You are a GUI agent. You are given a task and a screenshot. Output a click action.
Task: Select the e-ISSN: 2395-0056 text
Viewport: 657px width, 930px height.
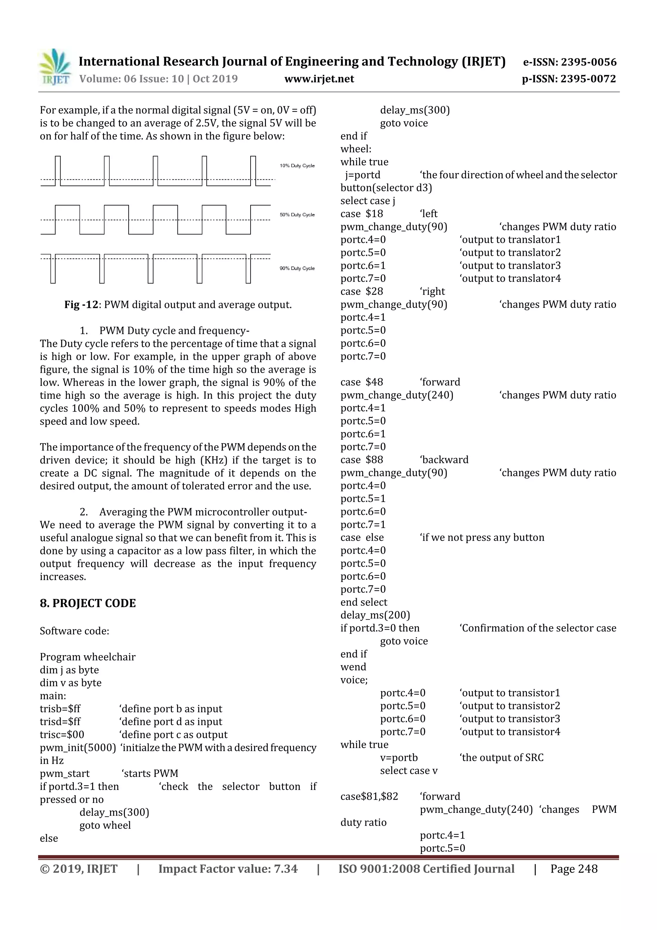(x=569, y=62)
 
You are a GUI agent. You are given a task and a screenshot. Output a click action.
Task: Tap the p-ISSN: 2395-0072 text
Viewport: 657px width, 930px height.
(x=569, y=79)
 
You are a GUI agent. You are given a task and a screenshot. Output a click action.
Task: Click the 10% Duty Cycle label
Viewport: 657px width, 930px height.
(x=297, y=166)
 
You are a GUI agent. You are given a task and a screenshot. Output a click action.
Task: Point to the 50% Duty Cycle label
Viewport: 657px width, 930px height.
(x=297, y=215)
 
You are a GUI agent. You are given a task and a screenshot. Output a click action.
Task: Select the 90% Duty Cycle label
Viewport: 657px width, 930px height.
(x=297, y=268)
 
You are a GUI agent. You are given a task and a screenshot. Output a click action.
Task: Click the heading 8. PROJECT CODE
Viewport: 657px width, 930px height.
(x=88, y=603)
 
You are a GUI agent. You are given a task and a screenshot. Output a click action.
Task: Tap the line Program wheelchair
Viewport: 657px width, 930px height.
(x=88, y=656)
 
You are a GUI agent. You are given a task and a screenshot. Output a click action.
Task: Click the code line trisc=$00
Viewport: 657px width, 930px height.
(x=62, y=734)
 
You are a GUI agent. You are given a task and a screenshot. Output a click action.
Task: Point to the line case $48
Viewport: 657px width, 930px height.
(x=362, y=382)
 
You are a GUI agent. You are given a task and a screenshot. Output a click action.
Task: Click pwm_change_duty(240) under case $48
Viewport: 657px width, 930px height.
(x=397, y=395)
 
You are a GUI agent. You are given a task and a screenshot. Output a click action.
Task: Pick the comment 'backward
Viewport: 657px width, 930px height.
(x=444, y=460)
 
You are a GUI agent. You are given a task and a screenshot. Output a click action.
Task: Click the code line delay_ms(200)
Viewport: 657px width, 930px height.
(x=375, y=615)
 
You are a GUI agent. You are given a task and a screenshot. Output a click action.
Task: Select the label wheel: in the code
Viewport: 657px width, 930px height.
(x=355, y=149)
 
